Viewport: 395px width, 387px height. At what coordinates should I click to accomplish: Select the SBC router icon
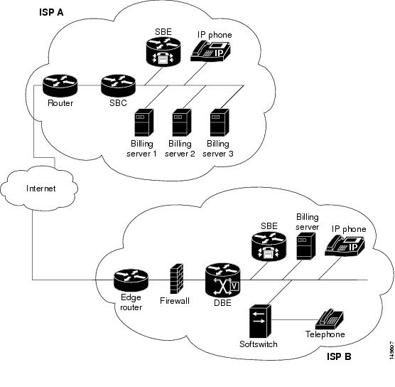click(x=118, y=85)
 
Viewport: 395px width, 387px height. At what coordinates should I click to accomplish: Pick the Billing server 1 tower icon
click(x=144, y=123)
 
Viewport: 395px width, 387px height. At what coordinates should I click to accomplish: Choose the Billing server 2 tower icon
click(x=181, y=123)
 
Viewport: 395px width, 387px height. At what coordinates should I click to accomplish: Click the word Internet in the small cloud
click(x=40, y=189)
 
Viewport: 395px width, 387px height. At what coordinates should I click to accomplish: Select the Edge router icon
click(x=131, y=280)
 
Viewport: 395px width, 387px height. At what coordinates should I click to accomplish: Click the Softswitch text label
click(x=258, y=344)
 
